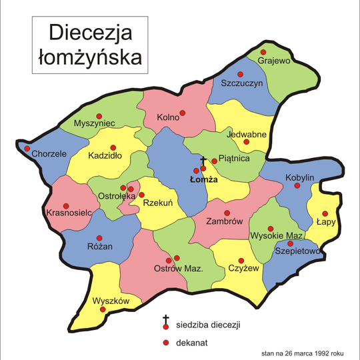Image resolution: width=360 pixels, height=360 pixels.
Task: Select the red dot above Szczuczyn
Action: point(243,74)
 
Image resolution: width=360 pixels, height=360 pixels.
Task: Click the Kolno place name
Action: point(169,118)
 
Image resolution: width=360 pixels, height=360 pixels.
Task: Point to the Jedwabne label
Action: point(247,133)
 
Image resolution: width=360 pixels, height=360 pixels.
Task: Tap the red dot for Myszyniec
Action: point(99,115)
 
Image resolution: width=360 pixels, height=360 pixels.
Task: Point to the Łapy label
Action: point(327,221)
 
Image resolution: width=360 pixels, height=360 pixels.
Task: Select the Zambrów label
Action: point(224,221)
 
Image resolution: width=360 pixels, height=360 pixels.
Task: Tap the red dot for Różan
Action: point(99,238)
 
